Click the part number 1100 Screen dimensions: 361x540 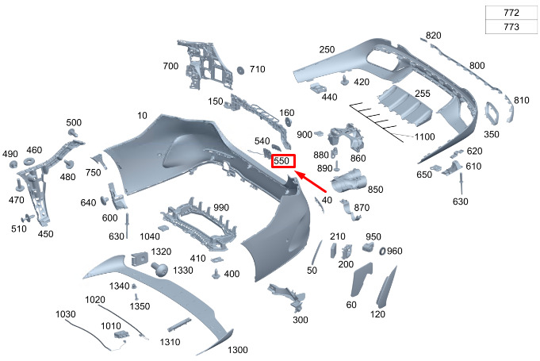[x=424, y=137]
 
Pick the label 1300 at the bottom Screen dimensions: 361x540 [x=238, y=350]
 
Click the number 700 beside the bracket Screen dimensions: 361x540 [x=170, y=66]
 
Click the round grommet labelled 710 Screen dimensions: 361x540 [x=238, y=71]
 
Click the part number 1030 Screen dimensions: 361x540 [x=66, y=314]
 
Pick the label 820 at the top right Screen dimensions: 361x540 [x=433, y=36]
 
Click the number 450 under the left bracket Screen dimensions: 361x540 [x=46, y=234]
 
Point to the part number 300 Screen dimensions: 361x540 [x=301, y=320]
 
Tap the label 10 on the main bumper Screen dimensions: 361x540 [x=141, y=116]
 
